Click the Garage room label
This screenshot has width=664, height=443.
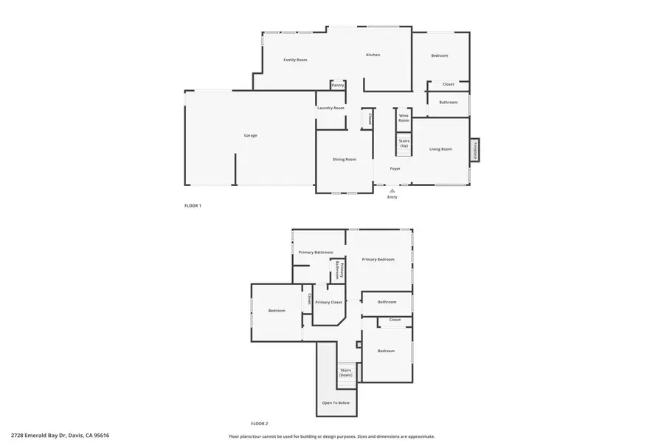point(251,136)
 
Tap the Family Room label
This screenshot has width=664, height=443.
point(295,60)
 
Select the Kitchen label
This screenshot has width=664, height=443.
point(373,55)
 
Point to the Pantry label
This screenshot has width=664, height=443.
point(338,85)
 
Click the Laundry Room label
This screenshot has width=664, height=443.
point(331,109)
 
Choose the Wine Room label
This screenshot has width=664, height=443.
point(404,117)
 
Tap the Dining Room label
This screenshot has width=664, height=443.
point(344,159)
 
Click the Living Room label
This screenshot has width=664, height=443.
point(440,149)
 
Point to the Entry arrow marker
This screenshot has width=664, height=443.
point(392,190)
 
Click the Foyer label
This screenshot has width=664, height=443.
point(395,169)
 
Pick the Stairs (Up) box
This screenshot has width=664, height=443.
point(404,143)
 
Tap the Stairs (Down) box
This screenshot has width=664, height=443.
point(346,374)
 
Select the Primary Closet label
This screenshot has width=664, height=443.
point(328,303)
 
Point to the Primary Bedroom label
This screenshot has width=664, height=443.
point(378,259)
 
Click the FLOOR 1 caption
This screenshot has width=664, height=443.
point(193,205)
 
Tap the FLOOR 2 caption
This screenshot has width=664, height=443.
point(259,424)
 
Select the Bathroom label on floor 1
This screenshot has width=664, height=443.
point(449,103)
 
